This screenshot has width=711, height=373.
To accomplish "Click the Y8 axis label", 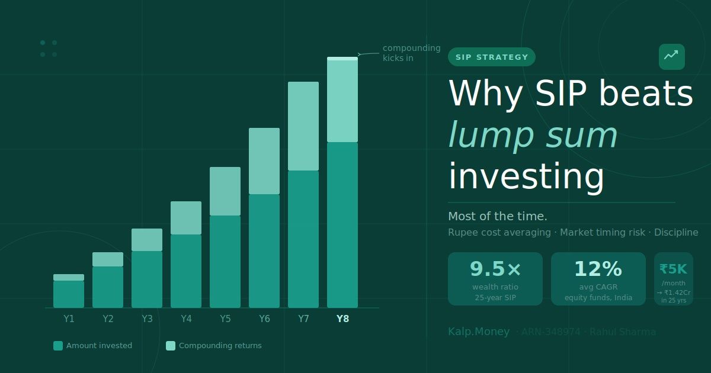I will coord(342,319).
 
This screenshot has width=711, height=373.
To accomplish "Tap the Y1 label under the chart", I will coord(69,319).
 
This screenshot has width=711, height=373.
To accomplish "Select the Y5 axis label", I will coord(225,319).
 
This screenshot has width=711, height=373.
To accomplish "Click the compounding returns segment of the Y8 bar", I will coord(342,101).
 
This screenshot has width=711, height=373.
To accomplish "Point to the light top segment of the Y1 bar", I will coord(69,277).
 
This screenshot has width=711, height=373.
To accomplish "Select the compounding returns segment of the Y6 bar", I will coord(264,161).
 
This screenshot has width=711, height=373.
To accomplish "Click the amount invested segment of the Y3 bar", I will coord(147,279).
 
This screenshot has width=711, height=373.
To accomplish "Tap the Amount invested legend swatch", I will coord(58,346).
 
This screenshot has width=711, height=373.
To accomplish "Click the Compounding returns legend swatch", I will coord(171,346).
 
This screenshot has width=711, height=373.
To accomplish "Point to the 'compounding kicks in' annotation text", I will coord(411,53).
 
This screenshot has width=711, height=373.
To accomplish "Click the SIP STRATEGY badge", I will coord(492,57).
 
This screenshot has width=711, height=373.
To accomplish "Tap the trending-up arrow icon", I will coord(671,56).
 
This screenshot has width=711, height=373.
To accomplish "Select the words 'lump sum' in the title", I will coord(533,134).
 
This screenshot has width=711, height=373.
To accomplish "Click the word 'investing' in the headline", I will coord(526,176).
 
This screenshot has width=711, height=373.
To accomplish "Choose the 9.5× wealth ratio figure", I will coord(495,269).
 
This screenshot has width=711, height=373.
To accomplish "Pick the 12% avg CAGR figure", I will coord(598,269).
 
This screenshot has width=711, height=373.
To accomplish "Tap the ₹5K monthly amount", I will coord(673,269).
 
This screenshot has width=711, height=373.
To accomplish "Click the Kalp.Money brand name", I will coord(479,332).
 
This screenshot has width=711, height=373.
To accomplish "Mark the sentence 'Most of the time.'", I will coord(498,216).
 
